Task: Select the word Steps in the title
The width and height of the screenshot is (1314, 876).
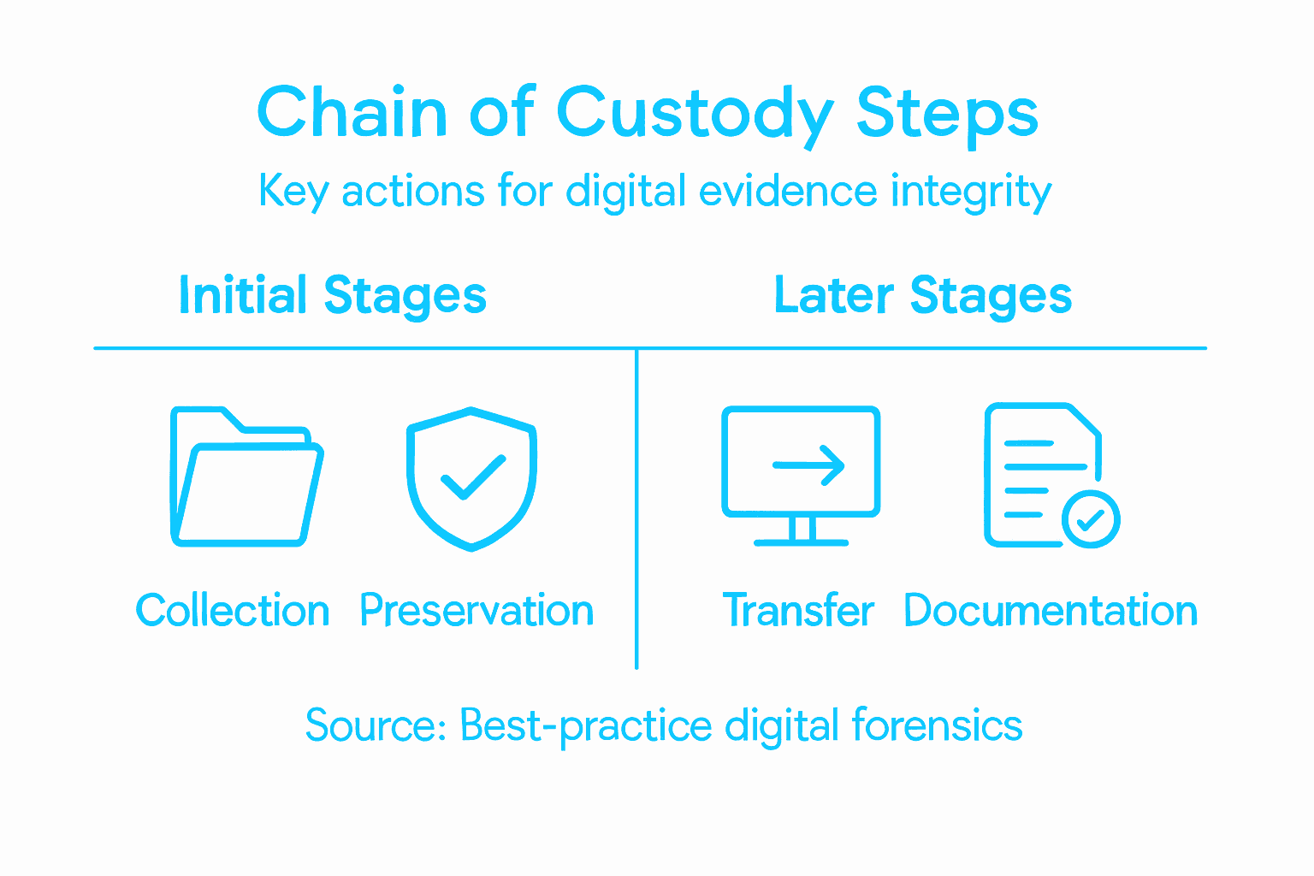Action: pyautogui.click(x=947, y=114)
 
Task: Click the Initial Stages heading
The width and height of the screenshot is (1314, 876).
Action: pyautogui.click(x=332, y=296)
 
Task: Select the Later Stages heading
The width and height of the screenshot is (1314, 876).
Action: pyautogui.click(x=922, y=296)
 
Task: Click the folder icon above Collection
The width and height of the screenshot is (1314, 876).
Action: pyautogui.click(x=246, y=477)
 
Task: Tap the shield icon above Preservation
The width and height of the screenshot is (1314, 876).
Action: pyautogui.click(x=471, y=478)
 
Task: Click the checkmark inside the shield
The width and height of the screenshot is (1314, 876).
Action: pyautogui.click(x=471, y=476)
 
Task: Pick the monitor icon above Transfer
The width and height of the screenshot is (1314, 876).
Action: pyautogui.click(x=801, y=476)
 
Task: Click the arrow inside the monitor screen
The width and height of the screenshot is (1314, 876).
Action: pyautogui.click(x=808, y=465)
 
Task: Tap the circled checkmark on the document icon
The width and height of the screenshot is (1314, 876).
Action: pyautogui.click(x=1091, y=518)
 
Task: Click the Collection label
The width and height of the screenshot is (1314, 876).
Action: pyautogui.click(x=233, y=611)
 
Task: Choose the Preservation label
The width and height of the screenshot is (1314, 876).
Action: pyautogui.click(x=476, y=611)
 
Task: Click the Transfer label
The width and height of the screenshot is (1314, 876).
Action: pyautogui.click(x=798, y=611)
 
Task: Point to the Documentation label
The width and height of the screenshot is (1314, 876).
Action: pyautogui.click(x=1050, y=611)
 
